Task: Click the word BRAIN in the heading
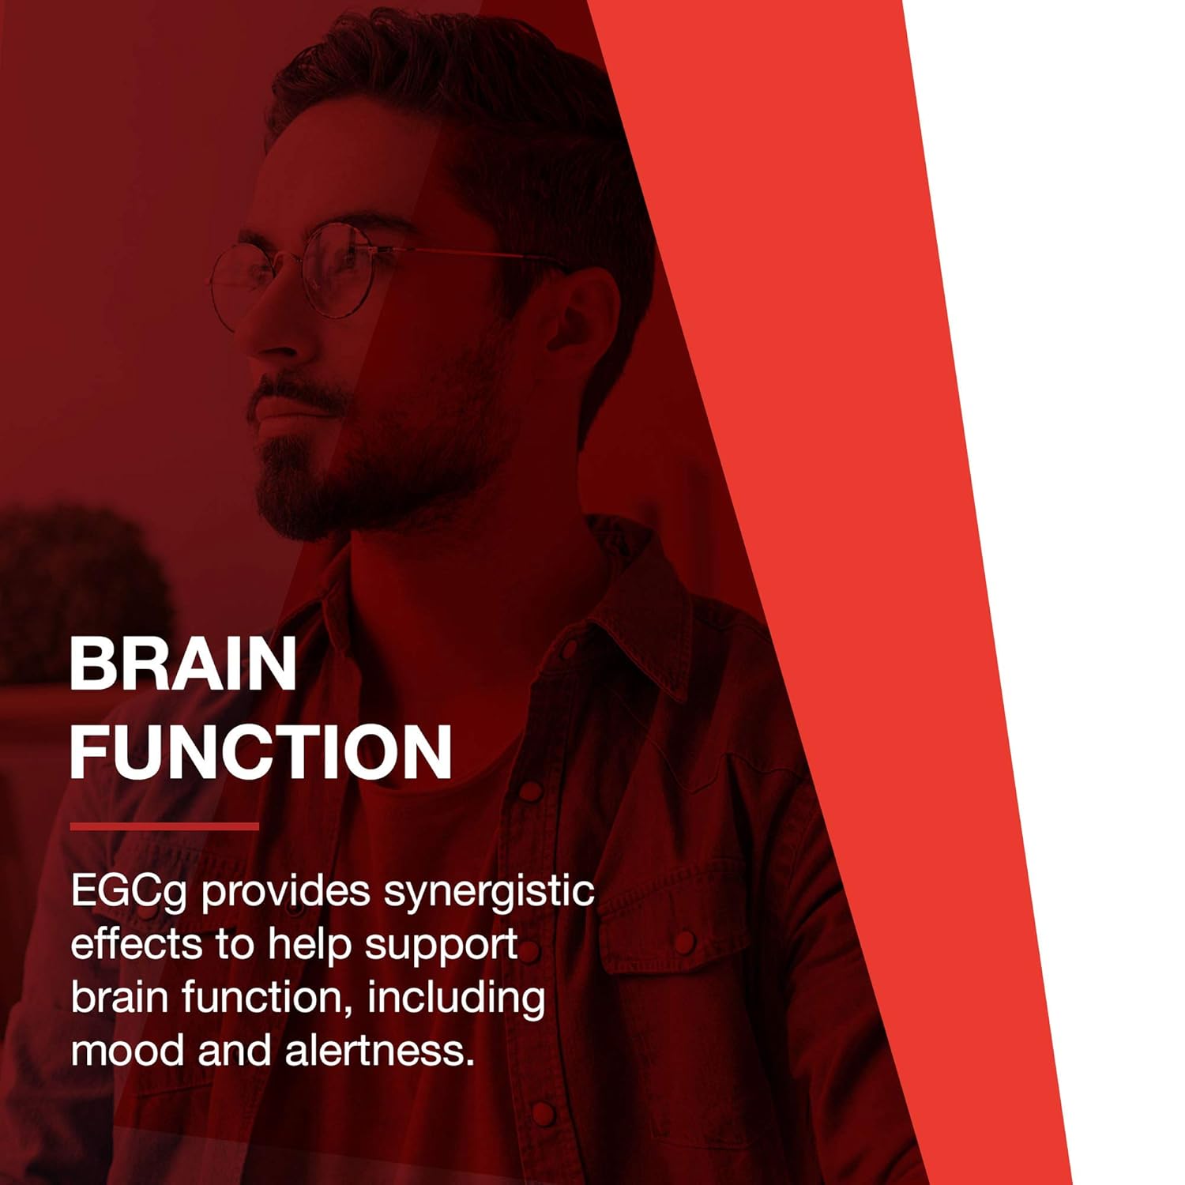(183, 664)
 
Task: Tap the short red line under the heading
(164, 826)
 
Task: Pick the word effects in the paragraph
(137, 945)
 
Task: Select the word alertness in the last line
(380, 1051)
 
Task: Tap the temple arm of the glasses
(474, 254)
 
